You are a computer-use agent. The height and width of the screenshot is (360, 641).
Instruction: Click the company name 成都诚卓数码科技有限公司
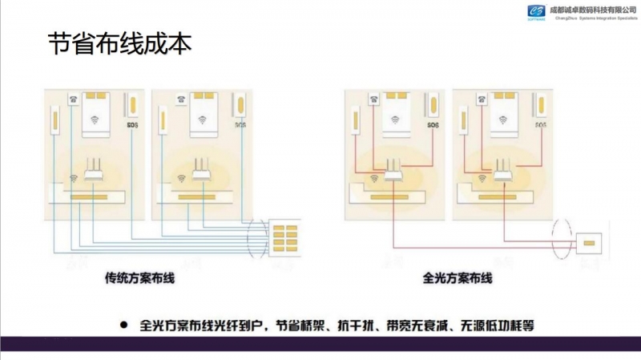pyautogui.click(x=592, y=8)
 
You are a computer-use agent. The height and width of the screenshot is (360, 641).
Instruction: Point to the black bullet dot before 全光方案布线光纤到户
pyautogui.click(x=123, y=326)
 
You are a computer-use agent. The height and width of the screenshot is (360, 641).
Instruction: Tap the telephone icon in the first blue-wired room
pyautogui.click(x=74, y=99)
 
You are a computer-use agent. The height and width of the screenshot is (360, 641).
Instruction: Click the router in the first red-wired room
pyautogui.click(x=392, y=168)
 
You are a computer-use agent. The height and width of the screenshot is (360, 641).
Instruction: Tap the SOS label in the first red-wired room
pyautogui.click(x=433, y=125)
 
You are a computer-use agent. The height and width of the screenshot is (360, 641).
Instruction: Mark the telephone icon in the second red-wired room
pyautogui.click(x=482, y=99)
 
